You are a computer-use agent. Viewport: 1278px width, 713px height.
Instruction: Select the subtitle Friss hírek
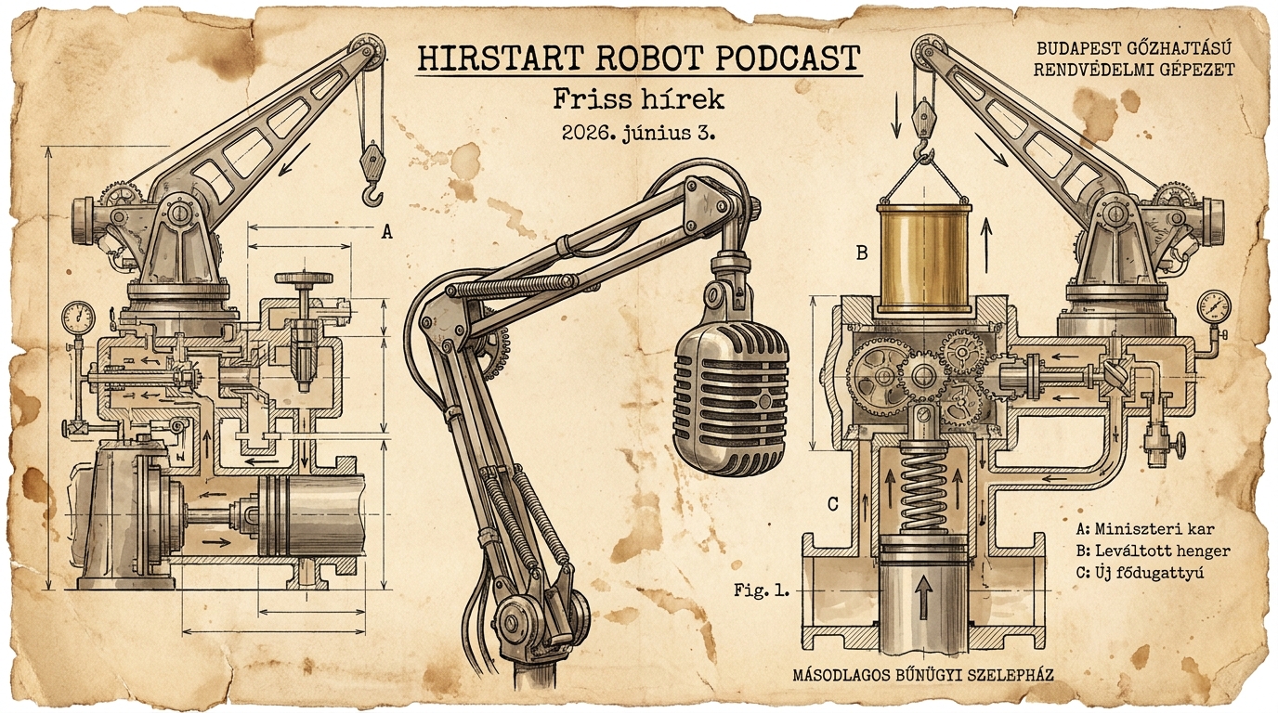coord(638,100)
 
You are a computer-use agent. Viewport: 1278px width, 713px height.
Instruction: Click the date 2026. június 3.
coord(638,134)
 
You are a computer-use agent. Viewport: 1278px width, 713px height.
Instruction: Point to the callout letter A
coord(386,231)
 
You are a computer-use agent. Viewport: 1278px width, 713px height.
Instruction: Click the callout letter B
coord(862,253)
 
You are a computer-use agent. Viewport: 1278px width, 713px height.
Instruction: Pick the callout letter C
coord(833,505)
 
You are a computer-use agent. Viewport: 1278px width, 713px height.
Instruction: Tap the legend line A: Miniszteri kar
coord(1145,529)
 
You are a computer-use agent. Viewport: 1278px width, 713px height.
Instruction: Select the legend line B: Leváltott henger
coord(1153,551)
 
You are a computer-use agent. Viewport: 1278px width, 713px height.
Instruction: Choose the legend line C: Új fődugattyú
coord(1140,572)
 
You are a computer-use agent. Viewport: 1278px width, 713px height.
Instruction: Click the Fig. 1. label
coord(762,590)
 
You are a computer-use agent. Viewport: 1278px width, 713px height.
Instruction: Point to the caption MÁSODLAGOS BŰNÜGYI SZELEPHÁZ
coord(923,675)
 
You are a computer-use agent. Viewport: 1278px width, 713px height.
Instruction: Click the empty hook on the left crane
coord(372,194)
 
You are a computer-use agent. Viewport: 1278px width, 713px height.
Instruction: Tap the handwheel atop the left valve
coord(304,279)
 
